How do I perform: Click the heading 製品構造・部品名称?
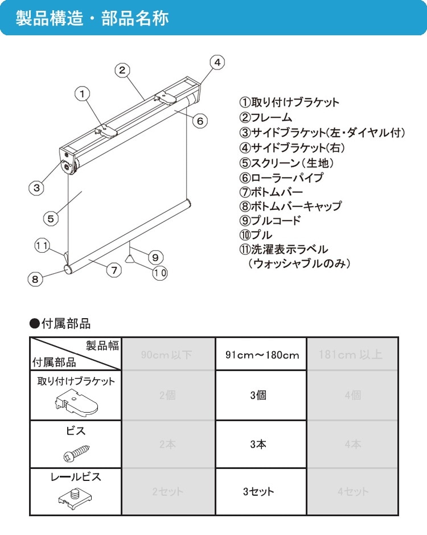(x=92, y=18)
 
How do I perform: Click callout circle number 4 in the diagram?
(x=217, y=62)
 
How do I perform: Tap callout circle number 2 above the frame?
(x=122, y=70)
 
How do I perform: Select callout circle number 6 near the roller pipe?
(x=199, y=121)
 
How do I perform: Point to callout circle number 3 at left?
(x=36, y=187)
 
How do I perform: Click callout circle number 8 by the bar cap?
(x=35, y=279)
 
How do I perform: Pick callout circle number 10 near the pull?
(x=159, y=273)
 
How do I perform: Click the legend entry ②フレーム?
(x=265, y=118)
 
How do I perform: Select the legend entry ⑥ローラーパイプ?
(x=281, y=177)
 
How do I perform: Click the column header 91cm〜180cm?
(x=261, y=355)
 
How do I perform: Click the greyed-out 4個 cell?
(x=352, y=395)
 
